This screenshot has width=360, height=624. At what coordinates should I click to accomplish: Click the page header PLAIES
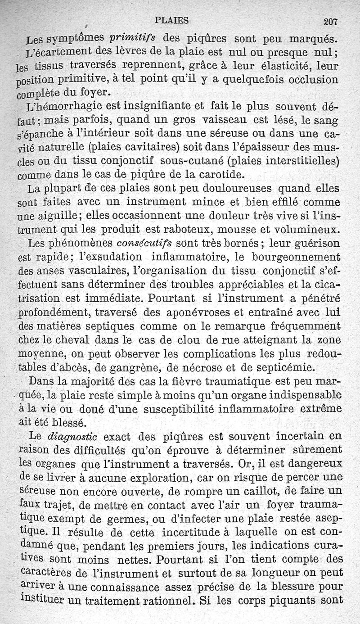[171, 20]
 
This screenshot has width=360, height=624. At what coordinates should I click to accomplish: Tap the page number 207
[330, 21]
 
